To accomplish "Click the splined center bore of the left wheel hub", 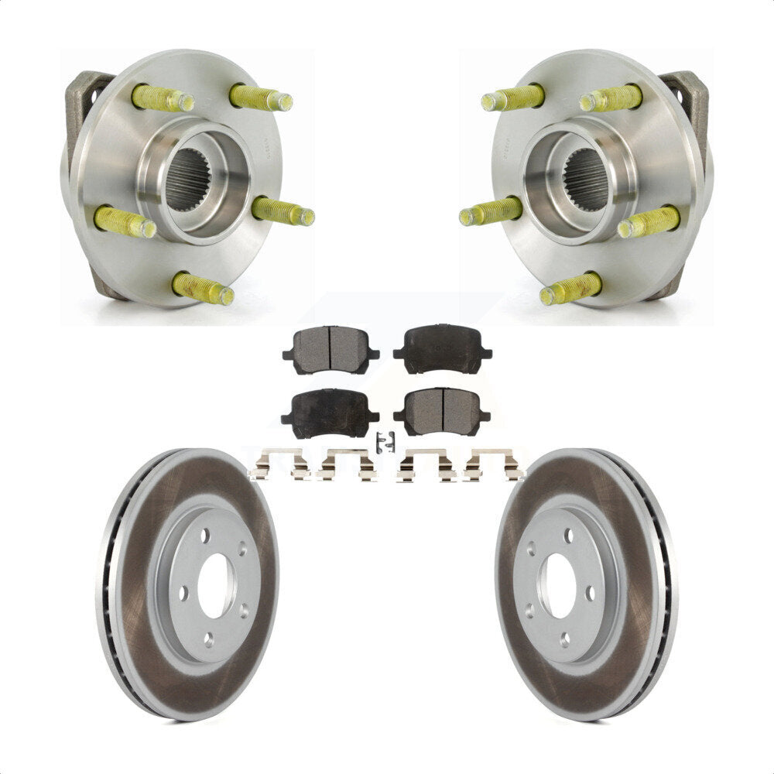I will coord(187,179).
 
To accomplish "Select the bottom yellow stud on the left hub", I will coord(204,289).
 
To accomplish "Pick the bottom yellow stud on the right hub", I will coord(570,289).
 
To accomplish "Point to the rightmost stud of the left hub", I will coord(283,212).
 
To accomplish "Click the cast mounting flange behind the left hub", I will coord(84,101).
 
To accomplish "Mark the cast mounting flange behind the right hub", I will coord(689,101).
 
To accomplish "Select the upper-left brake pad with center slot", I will coord(330,349).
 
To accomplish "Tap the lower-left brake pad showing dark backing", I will coord(330,412).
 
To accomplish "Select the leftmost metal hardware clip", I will coord(279,465).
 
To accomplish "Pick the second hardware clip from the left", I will coord(347,465).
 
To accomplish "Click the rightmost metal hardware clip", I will coord(493,465).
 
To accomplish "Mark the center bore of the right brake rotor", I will coord(559,587).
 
